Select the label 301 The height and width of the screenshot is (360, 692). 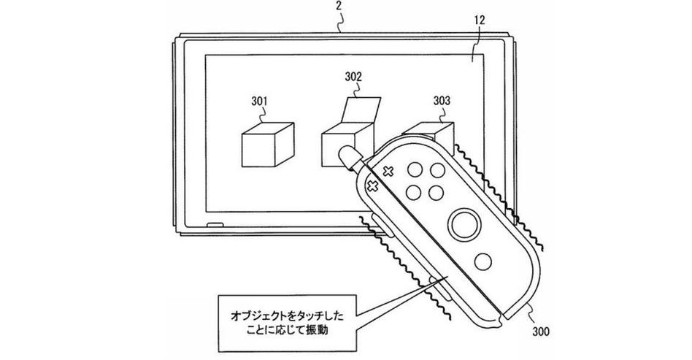(x=261, y=99)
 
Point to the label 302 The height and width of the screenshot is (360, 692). (x=353, y=75)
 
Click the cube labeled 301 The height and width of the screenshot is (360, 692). (x=267, y=145)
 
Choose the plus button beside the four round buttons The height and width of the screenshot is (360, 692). (x=388, y=171)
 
